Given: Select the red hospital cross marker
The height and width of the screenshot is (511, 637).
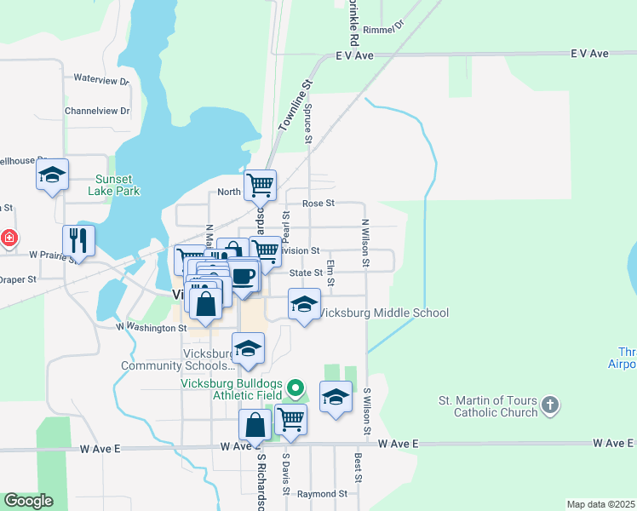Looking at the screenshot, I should (9, 238).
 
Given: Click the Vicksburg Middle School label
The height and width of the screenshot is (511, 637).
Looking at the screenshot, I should (382, 313).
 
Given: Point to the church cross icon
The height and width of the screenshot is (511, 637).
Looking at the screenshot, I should (550, 405).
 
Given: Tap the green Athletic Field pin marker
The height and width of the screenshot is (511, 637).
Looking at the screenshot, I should (296, 389).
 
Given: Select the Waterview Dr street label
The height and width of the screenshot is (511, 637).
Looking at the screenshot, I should (100, 79).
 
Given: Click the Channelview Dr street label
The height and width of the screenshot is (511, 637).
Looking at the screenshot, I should (97, 111).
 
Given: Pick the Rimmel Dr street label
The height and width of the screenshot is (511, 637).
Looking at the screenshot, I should (382, 30).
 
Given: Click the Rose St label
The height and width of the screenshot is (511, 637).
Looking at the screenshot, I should (318, 204).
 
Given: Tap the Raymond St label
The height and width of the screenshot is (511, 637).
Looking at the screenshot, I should (322, 493).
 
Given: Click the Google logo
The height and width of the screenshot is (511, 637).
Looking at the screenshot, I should (28, 501).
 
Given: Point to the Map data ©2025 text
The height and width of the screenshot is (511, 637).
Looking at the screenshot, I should (600, 504).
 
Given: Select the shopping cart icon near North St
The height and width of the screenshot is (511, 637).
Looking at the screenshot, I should (260, 184).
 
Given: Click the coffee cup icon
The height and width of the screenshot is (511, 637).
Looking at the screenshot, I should (244, 277).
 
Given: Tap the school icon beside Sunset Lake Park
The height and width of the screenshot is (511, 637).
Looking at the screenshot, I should (53, 175).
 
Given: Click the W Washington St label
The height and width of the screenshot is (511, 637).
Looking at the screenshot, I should (151, 326).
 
